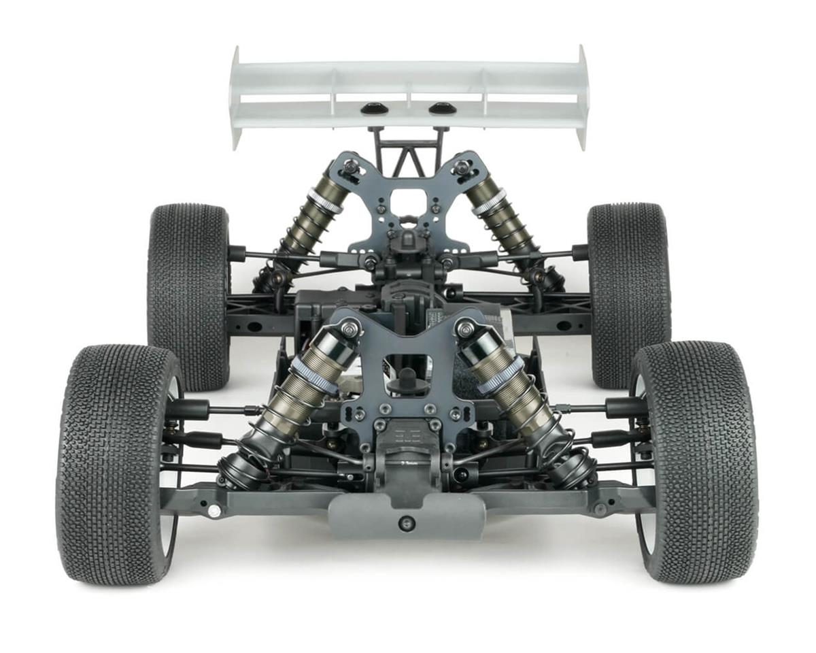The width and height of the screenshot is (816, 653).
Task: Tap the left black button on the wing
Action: point(371,108)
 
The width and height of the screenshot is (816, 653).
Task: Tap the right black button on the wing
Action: point(442,108)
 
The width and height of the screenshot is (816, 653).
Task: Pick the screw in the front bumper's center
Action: point(407,522)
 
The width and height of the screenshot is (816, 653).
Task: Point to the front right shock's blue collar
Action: point(500,375)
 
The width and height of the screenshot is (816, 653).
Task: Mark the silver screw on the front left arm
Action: point(214,510)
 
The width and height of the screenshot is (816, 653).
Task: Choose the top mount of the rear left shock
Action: point(350,167)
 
